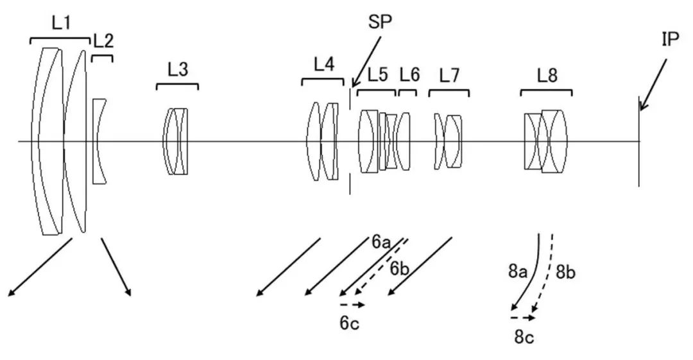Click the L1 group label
click(61, 23)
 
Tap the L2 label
click(103, 41)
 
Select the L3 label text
click(177, 70)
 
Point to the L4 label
click(323, 64)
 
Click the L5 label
click(377, 75)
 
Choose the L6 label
click(409, 75)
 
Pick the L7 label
click(449, 76)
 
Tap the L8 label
click(547, 76)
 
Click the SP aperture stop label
click(381, 22)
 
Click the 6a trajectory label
click(381, 242)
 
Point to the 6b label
click(399, 268)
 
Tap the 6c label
click(349, 323)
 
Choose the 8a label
click(518, 271)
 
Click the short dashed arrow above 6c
click(352, 304)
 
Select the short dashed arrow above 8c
click(522, 317)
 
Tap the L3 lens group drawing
click(176, 141)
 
